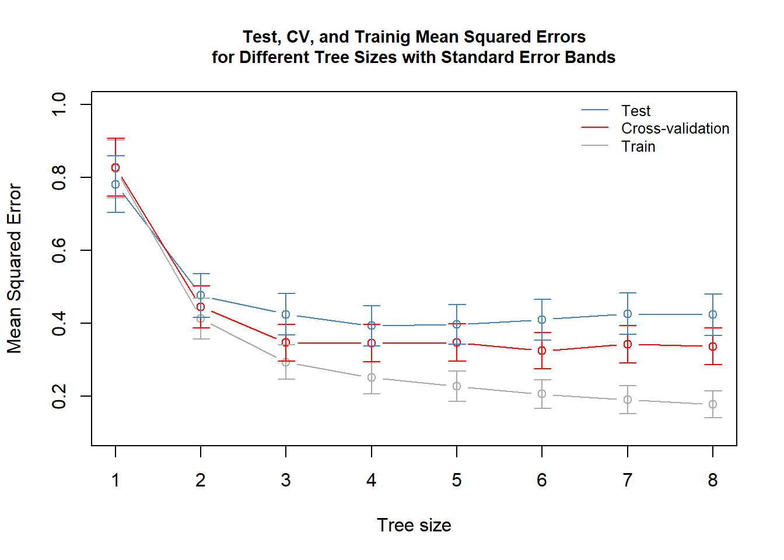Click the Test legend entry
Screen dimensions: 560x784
pos(635,111)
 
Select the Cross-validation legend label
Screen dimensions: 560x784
pos(675,128)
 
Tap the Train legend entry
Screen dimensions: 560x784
pos(638,146)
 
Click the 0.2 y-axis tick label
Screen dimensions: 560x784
pos(60,396)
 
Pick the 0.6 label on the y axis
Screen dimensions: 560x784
pos(60,250)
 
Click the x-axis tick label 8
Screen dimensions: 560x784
pos(712,480)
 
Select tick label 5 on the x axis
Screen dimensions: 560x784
pos(456,480)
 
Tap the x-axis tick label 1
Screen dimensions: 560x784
pos(116,480)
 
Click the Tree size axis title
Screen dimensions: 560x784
pos(414,525)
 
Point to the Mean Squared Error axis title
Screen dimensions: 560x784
pos(14,269)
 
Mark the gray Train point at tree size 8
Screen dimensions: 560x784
pos(712,404)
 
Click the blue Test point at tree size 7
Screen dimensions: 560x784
pos(627,314)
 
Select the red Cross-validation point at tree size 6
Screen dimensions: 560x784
pos(542,351)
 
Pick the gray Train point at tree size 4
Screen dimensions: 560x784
pos(372,377)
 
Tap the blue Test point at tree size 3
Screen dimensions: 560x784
pos(286,314)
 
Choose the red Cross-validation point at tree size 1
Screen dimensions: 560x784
pos(116,167)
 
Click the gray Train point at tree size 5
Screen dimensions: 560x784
pos(457,386)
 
